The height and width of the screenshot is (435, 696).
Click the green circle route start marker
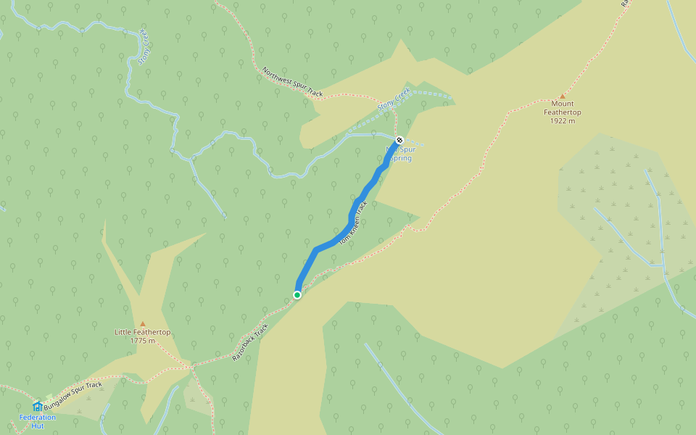pos(297,294)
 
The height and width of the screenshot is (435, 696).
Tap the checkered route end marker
pos(399,140)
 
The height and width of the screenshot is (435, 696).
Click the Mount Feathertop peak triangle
pos(562,96)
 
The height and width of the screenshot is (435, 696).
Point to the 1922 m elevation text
pos(563,120)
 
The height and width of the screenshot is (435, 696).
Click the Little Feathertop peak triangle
pos(143,323)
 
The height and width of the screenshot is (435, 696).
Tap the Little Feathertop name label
pos(143,332)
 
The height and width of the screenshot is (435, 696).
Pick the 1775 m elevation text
pos(143,341)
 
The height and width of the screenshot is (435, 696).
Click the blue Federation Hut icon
pos(38,406)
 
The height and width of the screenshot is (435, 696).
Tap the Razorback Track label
pos(251,342)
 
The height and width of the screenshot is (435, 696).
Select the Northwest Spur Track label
pos(293,82)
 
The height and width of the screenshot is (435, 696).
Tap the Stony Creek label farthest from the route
pos(144,49)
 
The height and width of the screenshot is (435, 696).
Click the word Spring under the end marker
pos(401,158)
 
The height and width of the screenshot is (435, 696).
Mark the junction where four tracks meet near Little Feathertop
pos(192,366)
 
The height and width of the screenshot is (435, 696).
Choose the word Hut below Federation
pos(38,426)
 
